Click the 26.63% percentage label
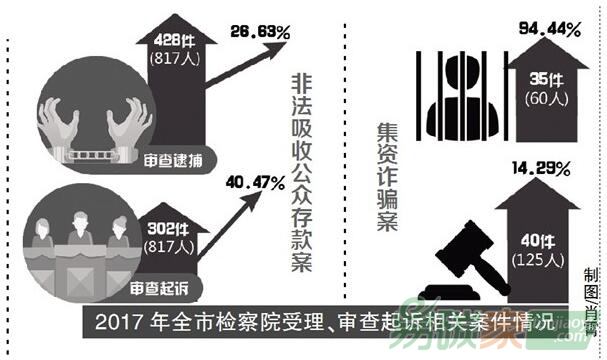tap(258, 36)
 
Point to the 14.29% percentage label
tap(546, 165)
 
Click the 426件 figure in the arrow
tap(177, 41)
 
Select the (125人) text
tap(545, 260)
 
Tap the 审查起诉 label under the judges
tap(157, 290)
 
